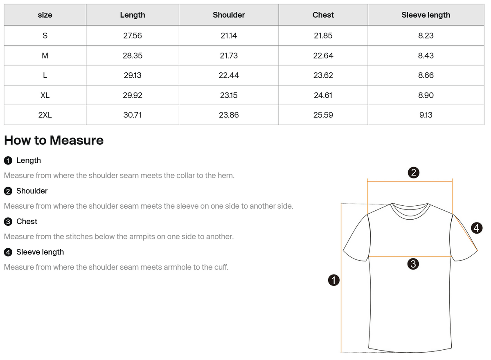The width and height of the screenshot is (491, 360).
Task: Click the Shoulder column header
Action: pos(229,15)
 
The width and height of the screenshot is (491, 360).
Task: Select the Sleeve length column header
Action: pos(426,15)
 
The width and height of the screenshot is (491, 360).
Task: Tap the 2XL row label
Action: pos(45,115)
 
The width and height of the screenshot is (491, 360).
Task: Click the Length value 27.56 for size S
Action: pos(133,36)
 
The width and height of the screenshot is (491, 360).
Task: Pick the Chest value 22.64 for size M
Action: pos(323,56)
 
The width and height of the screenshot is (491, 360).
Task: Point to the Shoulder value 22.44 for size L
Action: pos(229,75)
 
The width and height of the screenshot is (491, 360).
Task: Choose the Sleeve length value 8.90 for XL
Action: pos(426,95)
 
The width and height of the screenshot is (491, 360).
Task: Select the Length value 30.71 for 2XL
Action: pos(133,115)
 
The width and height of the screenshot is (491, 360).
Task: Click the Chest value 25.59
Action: pos(323,115)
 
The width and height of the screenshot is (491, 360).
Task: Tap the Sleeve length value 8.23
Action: pos(426,36)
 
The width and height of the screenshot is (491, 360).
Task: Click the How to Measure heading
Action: pos(54,140)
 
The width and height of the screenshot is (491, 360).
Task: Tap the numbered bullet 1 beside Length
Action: pos(8,160)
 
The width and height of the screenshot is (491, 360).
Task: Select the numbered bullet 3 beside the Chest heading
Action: pos(8,222)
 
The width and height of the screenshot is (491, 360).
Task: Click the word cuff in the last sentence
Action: pos(220,267)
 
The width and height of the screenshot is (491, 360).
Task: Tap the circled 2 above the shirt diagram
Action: pos(413,173)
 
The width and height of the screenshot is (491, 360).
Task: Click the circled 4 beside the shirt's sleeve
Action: pos(476,227)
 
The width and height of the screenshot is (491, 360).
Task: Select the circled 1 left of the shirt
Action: pos(334,280)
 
